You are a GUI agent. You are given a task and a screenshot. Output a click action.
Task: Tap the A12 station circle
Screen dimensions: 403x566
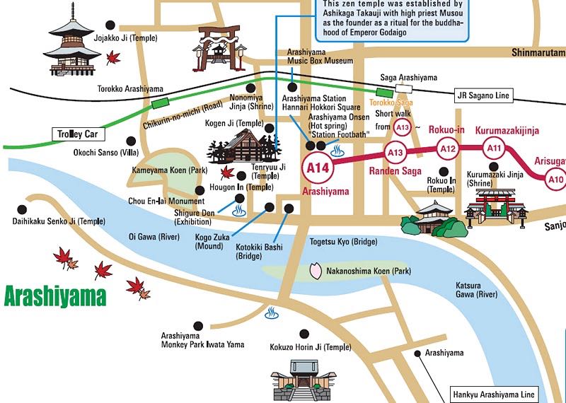(448, 148)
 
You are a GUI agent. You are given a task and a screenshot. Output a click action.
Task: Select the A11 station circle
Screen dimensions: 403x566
(495, 148)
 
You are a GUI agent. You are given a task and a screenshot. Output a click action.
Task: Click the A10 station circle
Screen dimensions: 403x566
(556, 180)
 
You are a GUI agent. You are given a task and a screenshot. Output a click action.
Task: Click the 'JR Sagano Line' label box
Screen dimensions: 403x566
(483, 95)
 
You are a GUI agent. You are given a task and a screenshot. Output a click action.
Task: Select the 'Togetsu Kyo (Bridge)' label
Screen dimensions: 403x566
(343, 242)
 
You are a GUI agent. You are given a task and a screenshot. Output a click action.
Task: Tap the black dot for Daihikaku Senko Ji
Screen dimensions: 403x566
(22, 209)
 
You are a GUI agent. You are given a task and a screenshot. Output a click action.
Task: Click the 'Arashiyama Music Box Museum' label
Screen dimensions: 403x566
(320, 57)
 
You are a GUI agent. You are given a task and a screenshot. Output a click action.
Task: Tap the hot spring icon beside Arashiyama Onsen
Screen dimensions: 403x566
(338, 150)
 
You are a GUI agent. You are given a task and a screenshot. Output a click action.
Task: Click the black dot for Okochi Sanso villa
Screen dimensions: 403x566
(129, 140)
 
